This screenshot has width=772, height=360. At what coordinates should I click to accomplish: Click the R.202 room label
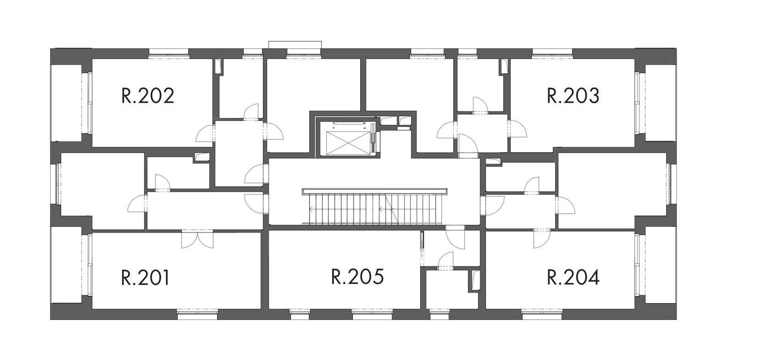click(148, 96)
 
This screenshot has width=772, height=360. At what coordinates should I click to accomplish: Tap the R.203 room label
click(573, 96)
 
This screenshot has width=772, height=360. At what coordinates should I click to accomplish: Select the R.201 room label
click(145, 277)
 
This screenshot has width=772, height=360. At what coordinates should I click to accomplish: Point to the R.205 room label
click(357, 277)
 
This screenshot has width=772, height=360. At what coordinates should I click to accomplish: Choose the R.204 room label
click(573, 277)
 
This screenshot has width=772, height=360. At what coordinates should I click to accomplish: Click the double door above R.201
click(198, 239)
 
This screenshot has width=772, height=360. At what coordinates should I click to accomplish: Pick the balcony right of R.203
click(655, 103)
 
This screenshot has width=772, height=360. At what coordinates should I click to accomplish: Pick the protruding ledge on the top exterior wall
click(295, 45)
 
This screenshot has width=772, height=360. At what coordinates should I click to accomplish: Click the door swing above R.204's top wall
click(542, 239)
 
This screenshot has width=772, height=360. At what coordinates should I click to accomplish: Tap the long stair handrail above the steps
click(375, 191)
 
